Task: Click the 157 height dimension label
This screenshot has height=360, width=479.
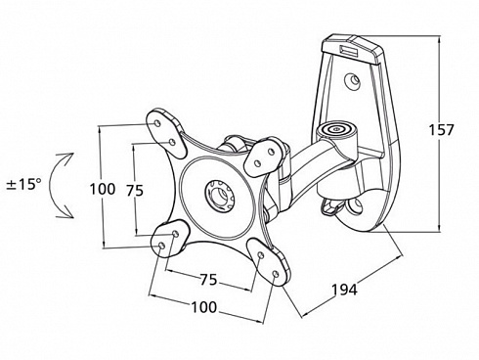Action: click(441, 130)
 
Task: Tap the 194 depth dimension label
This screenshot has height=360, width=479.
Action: click(344, 290)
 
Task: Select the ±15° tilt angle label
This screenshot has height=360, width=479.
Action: click(24, 185)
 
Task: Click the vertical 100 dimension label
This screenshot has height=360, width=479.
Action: click(103, 189)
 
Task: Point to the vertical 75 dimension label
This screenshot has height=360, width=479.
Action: click(135, 191)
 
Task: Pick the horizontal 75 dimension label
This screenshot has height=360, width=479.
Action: click(208, 280)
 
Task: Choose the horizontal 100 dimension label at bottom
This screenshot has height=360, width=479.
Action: click(204, 307)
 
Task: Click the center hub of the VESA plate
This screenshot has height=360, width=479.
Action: click(218, 195)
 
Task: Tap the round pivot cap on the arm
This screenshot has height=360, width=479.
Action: click(335, 129)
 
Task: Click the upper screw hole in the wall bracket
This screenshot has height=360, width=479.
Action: click(353, 80)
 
